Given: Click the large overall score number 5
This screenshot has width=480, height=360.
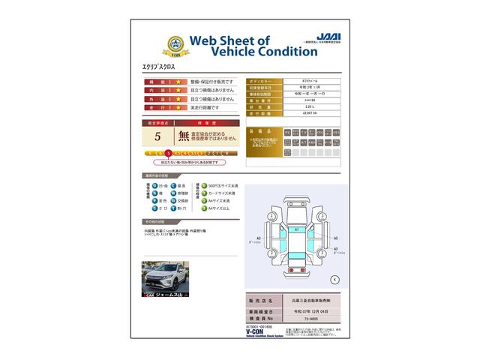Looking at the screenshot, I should point(157,136).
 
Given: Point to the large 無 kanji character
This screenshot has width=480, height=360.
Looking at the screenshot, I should point(184,136).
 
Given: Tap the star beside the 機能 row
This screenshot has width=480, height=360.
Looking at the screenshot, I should point(178,81).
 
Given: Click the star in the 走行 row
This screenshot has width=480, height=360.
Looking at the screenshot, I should point(178,108).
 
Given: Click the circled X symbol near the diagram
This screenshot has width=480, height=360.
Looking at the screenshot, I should point(334,279).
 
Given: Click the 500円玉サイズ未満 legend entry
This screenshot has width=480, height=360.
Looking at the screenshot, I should point(223,185).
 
